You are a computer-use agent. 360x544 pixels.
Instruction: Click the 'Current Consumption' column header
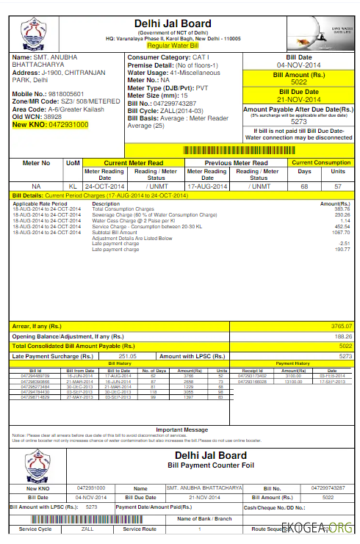[x=320, y=163]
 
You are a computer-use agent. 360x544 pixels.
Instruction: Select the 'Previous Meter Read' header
[x=236, y=163]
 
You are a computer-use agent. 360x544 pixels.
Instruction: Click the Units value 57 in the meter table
[x=339, y=186]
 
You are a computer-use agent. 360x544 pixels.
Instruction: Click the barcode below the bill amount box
[x=243, y=149]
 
